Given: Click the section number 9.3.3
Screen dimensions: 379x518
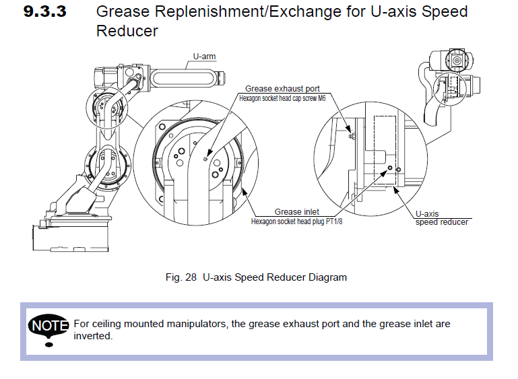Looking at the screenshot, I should point(46,12).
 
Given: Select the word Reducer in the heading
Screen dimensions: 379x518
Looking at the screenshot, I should point(127,31).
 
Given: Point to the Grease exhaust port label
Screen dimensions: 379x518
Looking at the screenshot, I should point(282,89).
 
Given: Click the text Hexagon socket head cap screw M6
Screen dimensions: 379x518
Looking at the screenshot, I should point(283,98).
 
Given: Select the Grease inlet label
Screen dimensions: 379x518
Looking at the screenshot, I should point(296,212).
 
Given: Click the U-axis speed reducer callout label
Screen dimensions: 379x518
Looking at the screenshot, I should point(441,217).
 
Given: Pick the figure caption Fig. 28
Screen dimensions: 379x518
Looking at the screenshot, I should point(182,277).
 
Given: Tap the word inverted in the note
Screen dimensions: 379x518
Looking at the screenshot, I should point(92,335).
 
